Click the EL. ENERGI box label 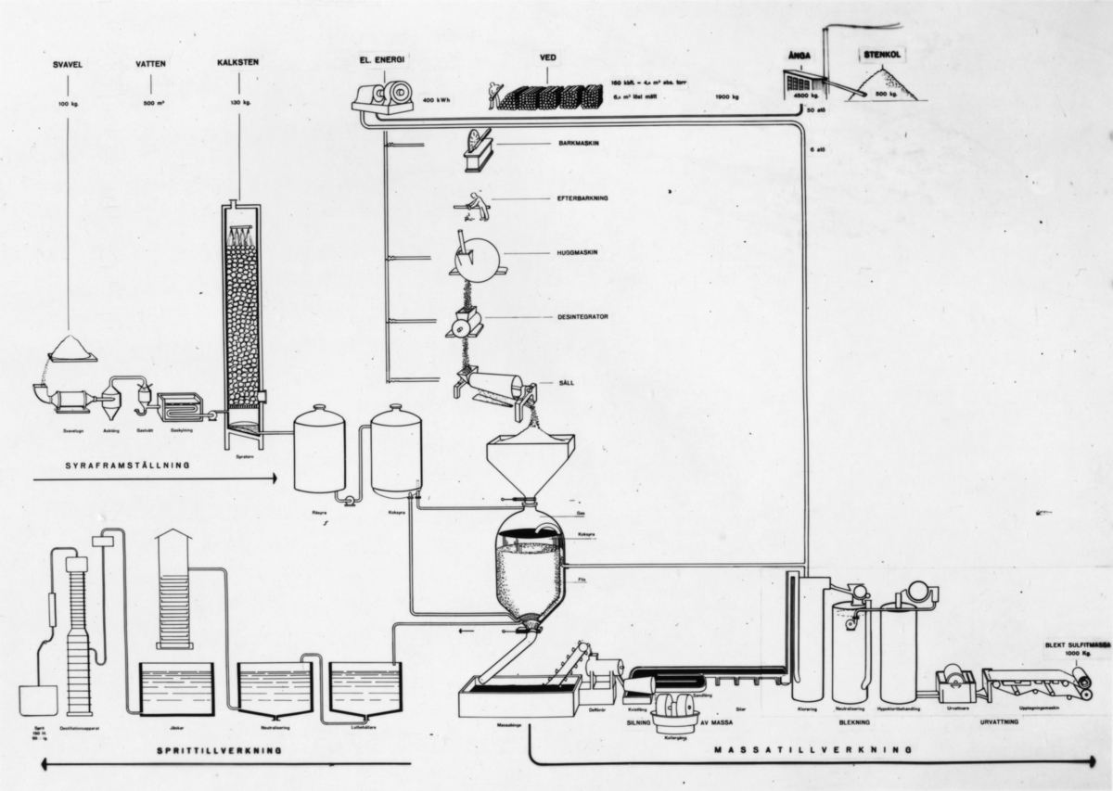(382, 59)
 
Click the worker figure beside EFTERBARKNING (476, 205)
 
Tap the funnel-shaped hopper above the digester (530, 464)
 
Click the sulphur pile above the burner (70, 349)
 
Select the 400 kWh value (437, 98)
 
